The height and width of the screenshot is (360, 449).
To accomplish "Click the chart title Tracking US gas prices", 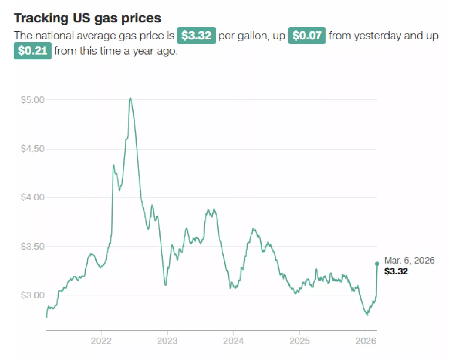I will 87,18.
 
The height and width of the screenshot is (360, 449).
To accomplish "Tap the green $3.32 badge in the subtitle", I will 196,36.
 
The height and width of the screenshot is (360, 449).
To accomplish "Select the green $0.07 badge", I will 307,36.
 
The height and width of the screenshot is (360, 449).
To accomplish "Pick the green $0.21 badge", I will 33,51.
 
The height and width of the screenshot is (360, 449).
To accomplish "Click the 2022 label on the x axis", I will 101,341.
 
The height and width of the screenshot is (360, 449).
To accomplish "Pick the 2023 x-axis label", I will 167,341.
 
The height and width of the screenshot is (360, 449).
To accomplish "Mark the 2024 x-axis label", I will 233,341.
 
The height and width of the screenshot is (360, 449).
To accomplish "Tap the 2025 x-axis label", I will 299,341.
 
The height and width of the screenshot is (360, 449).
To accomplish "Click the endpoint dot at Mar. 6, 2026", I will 377,264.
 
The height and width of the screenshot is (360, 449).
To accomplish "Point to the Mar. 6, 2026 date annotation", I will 409,261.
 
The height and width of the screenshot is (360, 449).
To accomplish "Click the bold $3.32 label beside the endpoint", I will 396,271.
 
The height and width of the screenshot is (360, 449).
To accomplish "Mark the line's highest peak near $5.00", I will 130,98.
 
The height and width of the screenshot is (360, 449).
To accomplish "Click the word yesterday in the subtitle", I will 377,36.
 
